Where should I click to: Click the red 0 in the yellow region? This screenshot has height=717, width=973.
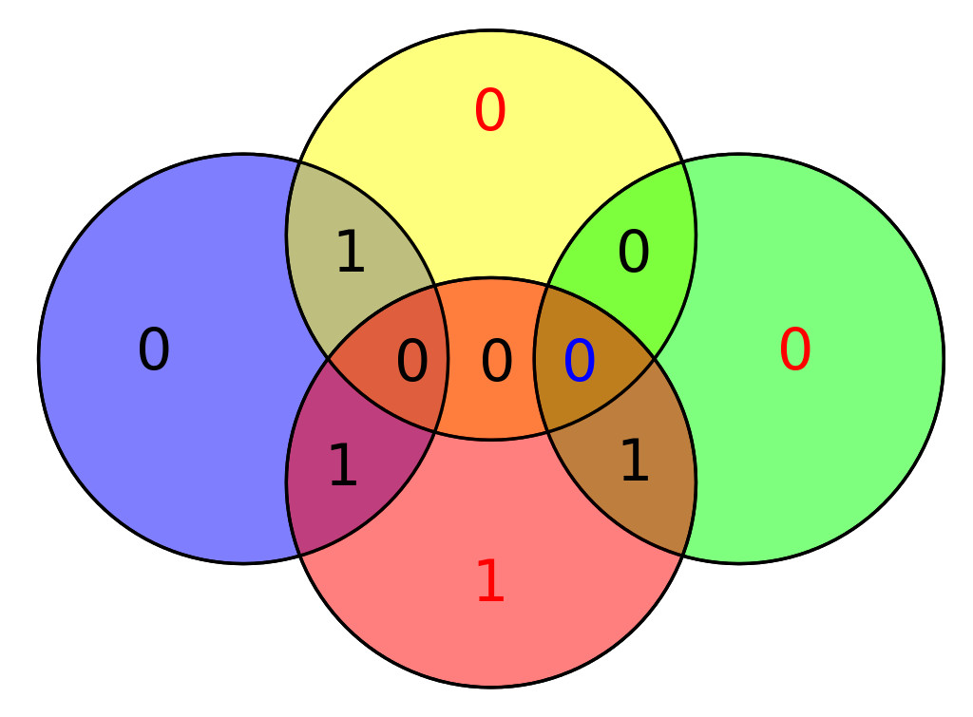coord(490,110)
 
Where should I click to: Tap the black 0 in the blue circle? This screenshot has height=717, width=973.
coord(153,349)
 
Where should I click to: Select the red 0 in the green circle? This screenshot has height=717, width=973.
coord(795,349)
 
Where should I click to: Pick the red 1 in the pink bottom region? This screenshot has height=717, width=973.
coord(491,580)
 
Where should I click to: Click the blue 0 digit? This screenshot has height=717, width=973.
coord(580,360)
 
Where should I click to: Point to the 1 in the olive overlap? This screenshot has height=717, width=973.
coord(351,251)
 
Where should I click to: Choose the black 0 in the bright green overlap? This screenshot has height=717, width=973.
coord(634,252)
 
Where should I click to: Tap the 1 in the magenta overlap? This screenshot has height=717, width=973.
coord(343,464)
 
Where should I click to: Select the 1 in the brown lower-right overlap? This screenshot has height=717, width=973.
coord(635,460)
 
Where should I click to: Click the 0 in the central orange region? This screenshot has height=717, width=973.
coord(496,360)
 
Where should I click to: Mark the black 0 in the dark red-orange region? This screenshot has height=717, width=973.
coord(412,360)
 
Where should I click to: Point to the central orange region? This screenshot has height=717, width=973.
coord(491,359)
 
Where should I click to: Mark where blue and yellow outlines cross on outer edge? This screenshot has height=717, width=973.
coord(299,161)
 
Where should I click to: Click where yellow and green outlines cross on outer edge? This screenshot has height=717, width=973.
coord(682,161)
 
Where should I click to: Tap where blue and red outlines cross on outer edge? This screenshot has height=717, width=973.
coord(299,556)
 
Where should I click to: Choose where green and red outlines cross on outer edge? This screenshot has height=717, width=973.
coord(682,556)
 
